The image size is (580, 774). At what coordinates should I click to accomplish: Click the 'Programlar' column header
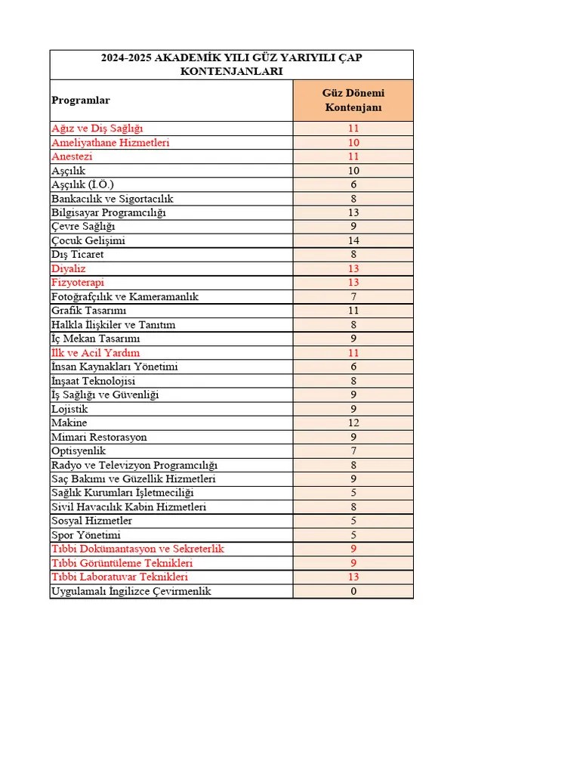(x=81, y=101)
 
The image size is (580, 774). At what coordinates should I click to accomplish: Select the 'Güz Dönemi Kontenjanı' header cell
(x=353, y=101)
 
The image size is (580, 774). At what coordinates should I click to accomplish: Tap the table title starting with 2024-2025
(x=231, y=64)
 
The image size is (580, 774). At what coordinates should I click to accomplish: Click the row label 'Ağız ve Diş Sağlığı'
(x=97, y=128)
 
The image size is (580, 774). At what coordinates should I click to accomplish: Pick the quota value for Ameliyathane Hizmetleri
(x=353, y=142)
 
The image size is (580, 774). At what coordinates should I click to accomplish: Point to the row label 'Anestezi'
(x=72, y=156)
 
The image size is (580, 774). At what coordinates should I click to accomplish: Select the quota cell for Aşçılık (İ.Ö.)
(x=353, y=184)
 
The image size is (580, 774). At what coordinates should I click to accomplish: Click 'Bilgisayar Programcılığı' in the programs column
(x=109, y=212)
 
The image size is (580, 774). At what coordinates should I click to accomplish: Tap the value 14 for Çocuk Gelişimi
(x=353, y=240)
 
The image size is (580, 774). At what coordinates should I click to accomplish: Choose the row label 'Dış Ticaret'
(x=78, y=255)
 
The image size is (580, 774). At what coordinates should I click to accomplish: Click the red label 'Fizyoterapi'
(x=78, y=283)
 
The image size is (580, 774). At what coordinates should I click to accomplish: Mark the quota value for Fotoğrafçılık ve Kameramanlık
(x=353, y=297)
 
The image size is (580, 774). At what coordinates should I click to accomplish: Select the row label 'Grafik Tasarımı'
(x=89, y=311)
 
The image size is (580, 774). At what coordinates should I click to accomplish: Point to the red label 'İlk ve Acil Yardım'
(x=95, y=353)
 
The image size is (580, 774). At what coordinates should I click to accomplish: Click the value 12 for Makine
(x=353, y=423)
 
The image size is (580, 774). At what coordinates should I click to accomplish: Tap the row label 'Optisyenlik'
(x=79, y=451)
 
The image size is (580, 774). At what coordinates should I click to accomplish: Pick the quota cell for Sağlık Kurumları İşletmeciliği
(x=353, y=493)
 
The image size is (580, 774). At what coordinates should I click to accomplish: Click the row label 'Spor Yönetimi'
(x=86, y=535)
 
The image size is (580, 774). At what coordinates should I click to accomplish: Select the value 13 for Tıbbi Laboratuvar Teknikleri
(x=353, y=577)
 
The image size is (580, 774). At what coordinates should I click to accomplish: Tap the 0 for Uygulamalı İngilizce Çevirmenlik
(x=353, y=591)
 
